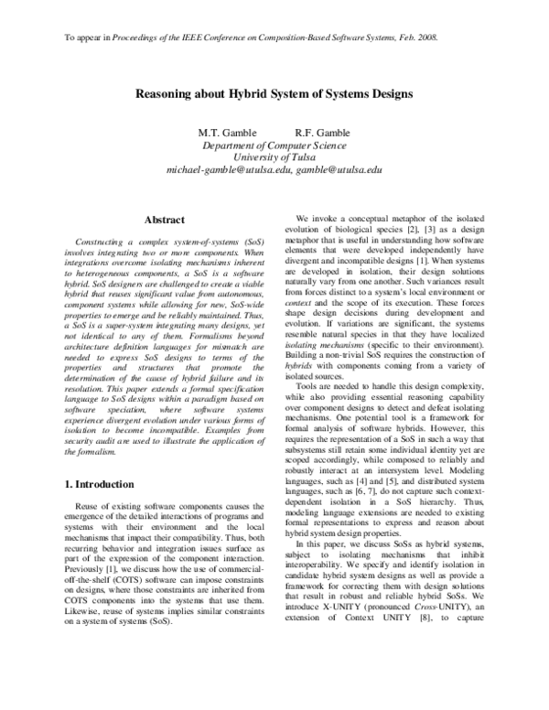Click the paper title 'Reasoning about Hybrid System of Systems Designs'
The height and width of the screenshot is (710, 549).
274,93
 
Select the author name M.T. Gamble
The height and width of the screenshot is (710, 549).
228,133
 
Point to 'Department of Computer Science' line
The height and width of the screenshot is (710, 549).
274,145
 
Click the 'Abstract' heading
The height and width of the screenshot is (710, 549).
166,220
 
